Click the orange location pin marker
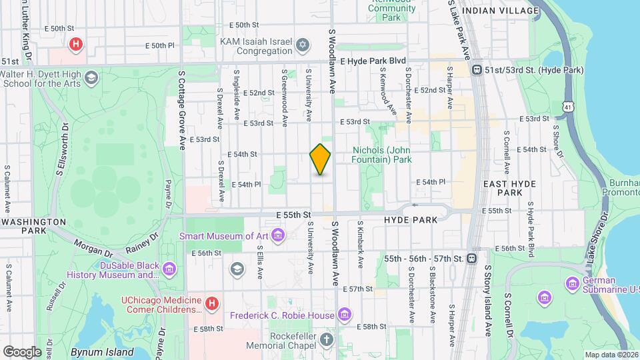[320, 159]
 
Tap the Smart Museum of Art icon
[278, 235]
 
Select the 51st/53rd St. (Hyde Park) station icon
[477, 70]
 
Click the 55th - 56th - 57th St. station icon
[472, 258]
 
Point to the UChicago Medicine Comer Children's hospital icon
[212, 304]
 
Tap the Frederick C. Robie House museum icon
[344, 314]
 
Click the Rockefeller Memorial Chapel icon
[326, 340]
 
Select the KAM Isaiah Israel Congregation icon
[303, 45]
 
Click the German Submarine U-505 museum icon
[572, 284]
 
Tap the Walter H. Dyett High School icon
[91, 79]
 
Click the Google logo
[22, 351]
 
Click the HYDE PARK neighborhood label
[411, 219]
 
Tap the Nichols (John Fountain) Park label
[382, 155]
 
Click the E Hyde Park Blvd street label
[373, 60]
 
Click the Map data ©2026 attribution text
[611, 355]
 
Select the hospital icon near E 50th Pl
[76, 45]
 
